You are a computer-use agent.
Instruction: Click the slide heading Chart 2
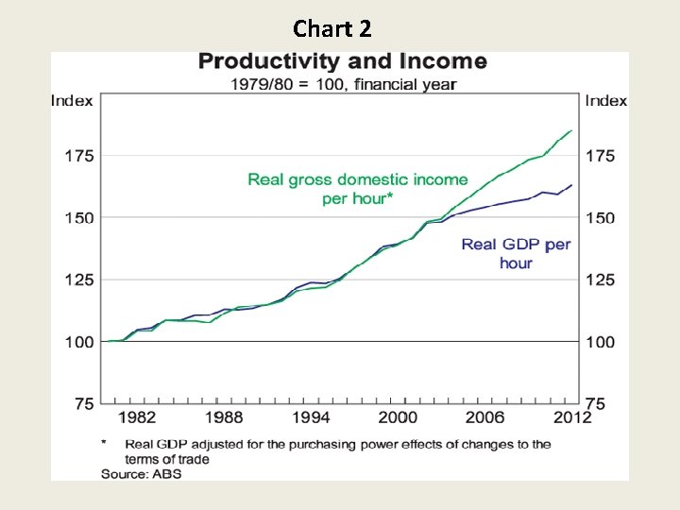point(332,28)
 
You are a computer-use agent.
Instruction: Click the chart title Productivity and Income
point(342,62)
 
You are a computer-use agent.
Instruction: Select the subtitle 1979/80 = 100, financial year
point(344,84)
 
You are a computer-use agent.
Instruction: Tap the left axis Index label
point(72,101)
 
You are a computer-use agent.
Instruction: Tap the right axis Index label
point(606,101)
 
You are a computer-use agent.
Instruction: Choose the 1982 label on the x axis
point(137,417)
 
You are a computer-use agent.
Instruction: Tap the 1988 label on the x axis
point(225,417)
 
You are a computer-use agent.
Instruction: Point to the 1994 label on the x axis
point(312,417)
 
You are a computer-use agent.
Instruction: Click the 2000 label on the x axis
point(399,417)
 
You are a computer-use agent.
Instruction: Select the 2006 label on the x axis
point(485,417)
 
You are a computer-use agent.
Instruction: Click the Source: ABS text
point(142,474)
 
